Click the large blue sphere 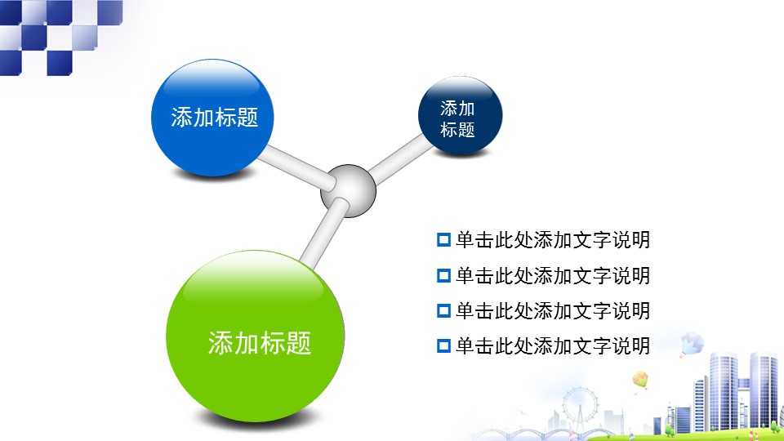pos(212,118)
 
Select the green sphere pos(255,336)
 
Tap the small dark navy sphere pos(460,115)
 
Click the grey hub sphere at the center pos(348,190)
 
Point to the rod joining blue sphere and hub pos(296,167)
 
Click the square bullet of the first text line pos(443,240)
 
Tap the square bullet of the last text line pos(443,345)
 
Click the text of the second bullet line pos(553,275)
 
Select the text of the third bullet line pos(553,310)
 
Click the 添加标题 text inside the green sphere pos(260,343)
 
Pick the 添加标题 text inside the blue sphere pos(215,118)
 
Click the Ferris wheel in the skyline pos(580,406)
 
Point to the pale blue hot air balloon pos(692,344)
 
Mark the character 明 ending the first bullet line pos(640,240)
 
